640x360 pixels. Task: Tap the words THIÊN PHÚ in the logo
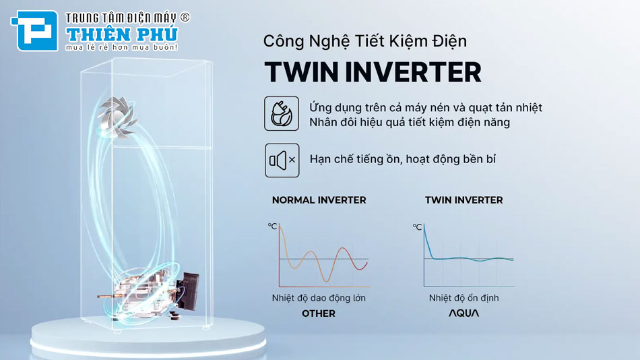click(121, 33)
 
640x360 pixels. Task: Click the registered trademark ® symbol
click(185, 18)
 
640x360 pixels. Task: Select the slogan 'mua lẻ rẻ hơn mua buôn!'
click(121, 48)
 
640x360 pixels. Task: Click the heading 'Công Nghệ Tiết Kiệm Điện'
click(364, 41)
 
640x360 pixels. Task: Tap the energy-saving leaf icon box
click(282, 113)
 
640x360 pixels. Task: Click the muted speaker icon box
click(282, 160)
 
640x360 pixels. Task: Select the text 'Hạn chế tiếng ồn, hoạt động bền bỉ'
click(403, 160)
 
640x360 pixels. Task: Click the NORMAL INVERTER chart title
click(319, 200)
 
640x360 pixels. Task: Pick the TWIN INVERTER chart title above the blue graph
click(463, 200)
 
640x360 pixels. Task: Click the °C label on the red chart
click(272, 227)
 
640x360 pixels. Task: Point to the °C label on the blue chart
click(417, 227)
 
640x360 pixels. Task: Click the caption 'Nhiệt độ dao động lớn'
click(319, 298)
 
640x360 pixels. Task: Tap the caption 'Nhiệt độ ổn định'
click(463, 298)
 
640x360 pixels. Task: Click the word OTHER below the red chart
click(319, 313)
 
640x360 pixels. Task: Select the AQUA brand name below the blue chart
click(463, 313)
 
